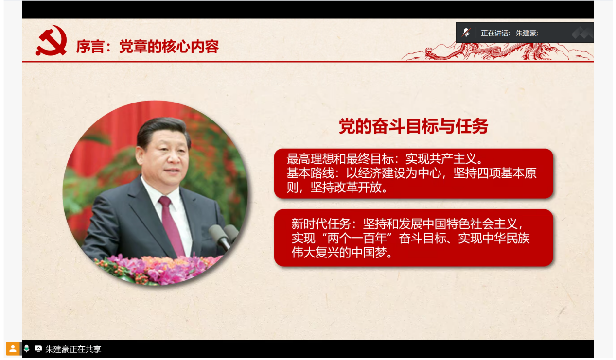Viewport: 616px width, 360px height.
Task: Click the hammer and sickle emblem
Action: (x=52, y=40)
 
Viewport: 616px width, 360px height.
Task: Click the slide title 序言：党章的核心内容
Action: (x=148, y=47)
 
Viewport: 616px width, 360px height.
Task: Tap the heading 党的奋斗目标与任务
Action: (x=413, y=126)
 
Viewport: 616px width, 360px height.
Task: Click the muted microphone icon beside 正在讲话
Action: (x=466, y=33)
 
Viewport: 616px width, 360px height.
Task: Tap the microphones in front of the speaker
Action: (x=223, y=236)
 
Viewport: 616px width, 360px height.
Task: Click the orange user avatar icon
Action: (x=13, y=348)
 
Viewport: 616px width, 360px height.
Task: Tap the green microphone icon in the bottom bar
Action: (x=26, y=348)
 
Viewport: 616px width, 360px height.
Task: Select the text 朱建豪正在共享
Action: (x=73, y=349)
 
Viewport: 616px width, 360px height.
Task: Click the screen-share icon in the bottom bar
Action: (x=38, y=348)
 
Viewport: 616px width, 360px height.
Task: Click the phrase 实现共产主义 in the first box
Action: (x=440, y=158)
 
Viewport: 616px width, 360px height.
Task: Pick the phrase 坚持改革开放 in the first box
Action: (x=346, y=188)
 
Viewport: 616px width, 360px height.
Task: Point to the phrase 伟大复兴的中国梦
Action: (x=339, y=253)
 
